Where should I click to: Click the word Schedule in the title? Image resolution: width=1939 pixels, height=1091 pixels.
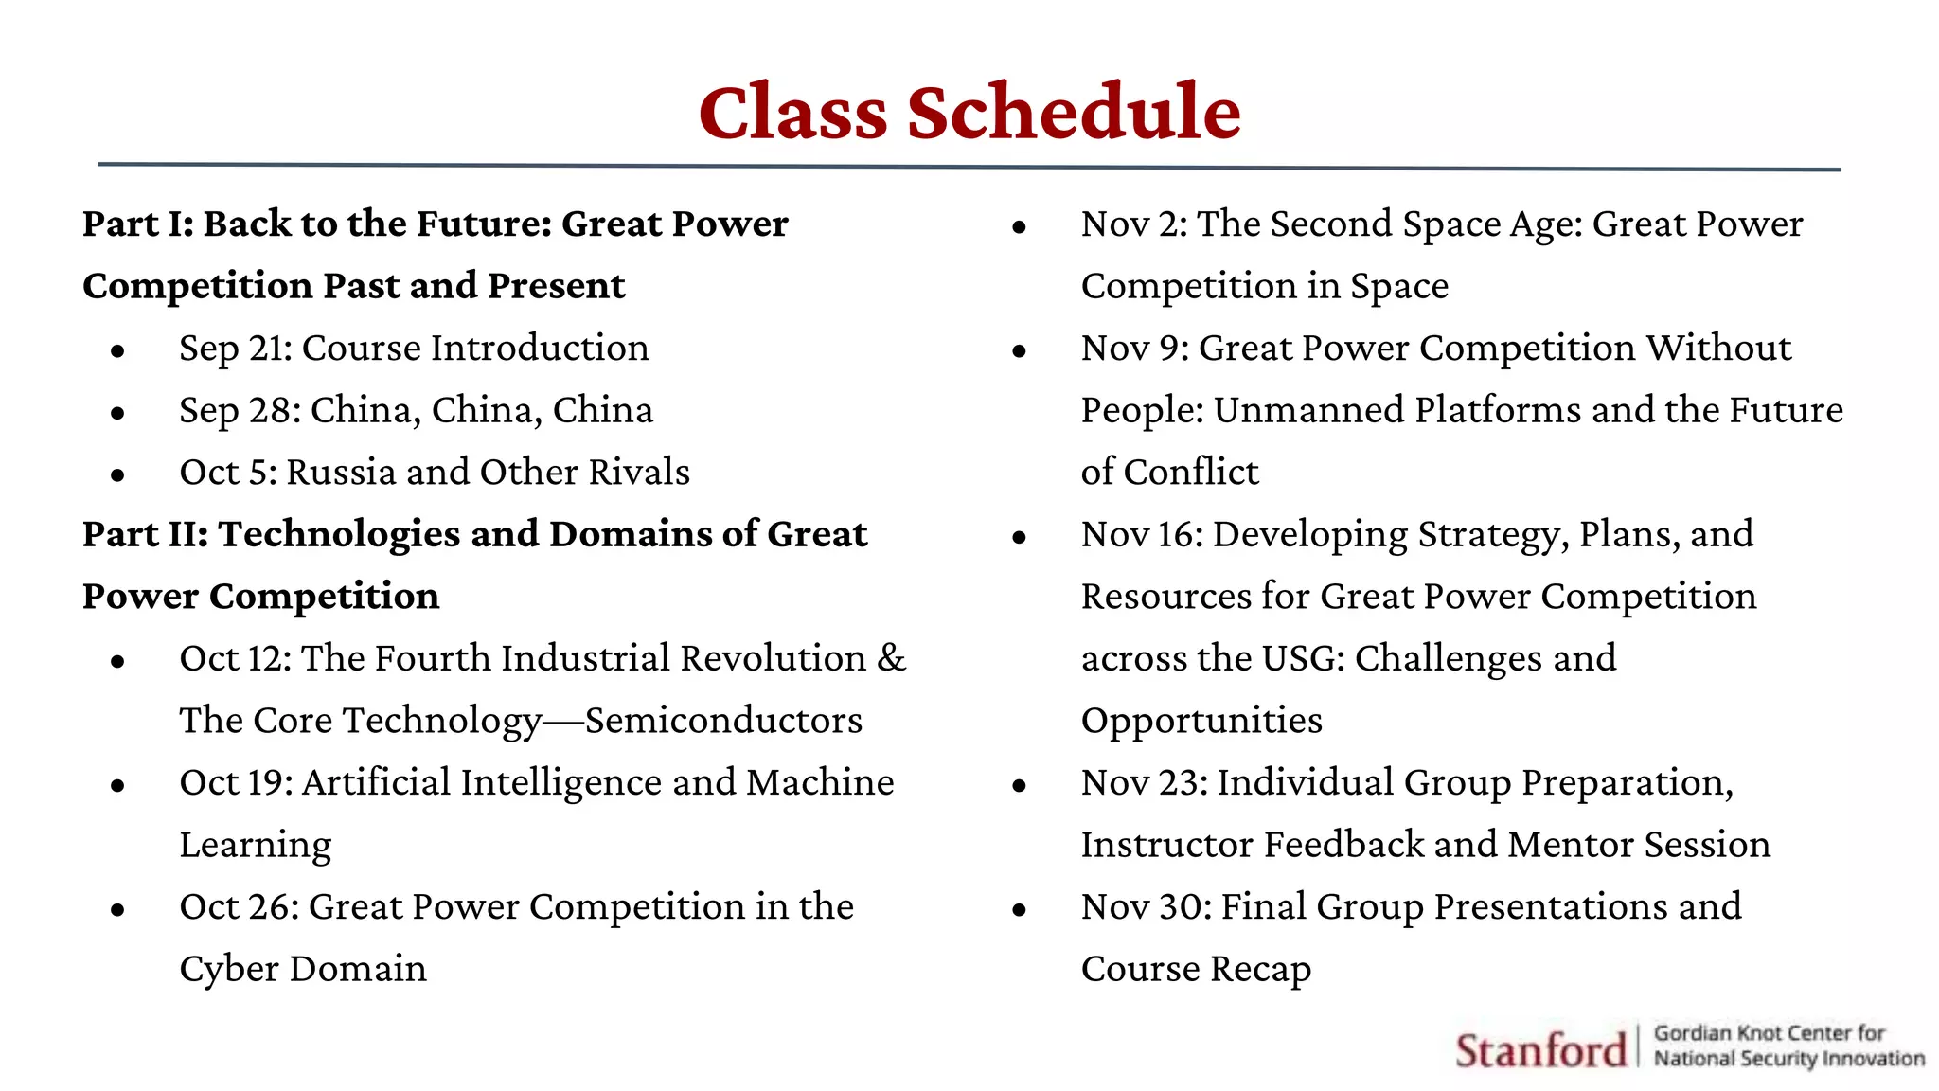(1074, 113)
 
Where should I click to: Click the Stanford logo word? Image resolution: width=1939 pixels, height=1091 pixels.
(1540, 1050)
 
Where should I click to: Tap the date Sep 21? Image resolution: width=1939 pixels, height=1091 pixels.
(236, 349)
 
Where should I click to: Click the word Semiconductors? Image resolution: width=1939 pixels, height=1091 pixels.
(723, 721)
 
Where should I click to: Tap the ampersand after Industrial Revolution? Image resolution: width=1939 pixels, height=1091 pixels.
(891, 658)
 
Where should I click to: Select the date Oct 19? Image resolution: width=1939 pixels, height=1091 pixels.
(236, 783)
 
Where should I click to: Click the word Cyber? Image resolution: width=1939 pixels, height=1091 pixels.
(229, 970)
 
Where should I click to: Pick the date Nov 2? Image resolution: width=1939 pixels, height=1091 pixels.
(1133, 224)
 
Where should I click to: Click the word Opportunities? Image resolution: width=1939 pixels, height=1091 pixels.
(1201, 722)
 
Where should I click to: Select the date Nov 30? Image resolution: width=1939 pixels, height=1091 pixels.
(1146, 907)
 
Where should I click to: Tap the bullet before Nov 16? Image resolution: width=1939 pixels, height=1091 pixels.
(1019, 538)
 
